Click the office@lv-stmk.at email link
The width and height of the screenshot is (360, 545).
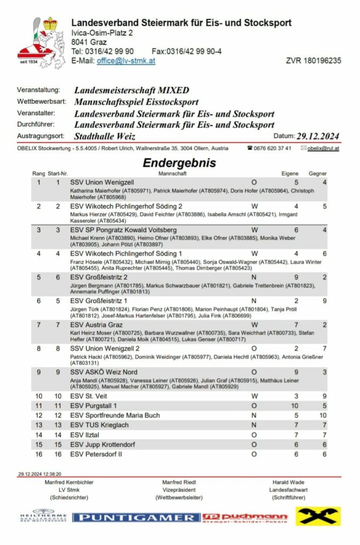[125, 61]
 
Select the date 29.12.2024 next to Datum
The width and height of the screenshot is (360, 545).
[317, 136]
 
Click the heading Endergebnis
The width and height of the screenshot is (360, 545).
[179, 163]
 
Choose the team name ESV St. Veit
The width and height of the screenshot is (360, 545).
[89, 396]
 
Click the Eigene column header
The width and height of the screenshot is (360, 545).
[290, 174]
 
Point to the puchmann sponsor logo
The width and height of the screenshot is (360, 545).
[245, 517]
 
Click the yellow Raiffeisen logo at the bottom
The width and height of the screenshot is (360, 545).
[318, 516]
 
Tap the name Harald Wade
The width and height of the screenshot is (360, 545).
[289, 482]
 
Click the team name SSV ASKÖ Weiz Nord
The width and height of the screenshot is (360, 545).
[104, 371]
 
